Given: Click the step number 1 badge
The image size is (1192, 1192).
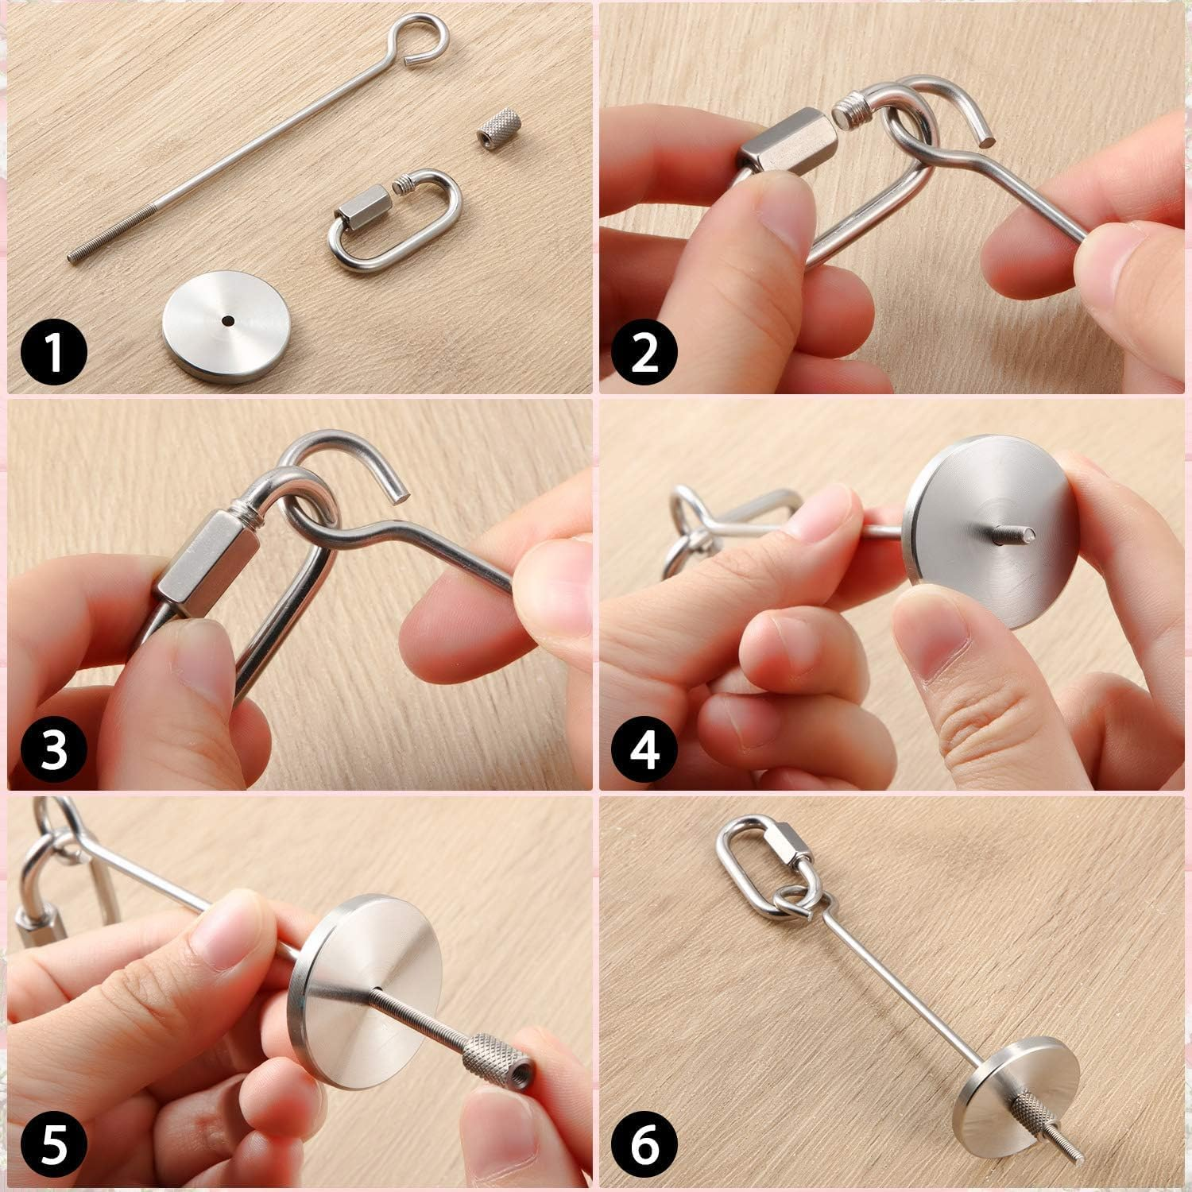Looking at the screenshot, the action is coord(53,355).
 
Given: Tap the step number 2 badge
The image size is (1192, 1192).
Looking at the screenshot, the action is coord(644,355).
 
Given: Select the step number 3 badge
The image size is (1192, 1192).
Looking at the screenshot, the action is coord(53,749).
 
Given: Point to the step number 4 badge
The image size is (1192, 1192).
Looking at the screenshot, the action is coord(644,749).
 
